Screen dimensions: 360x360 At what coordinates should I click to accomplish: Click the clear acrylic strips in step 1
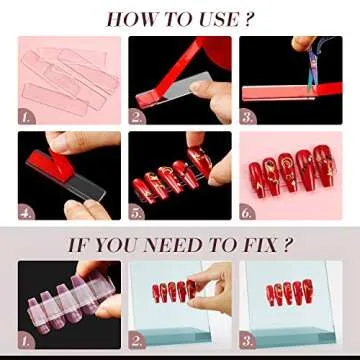(65, 75)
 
